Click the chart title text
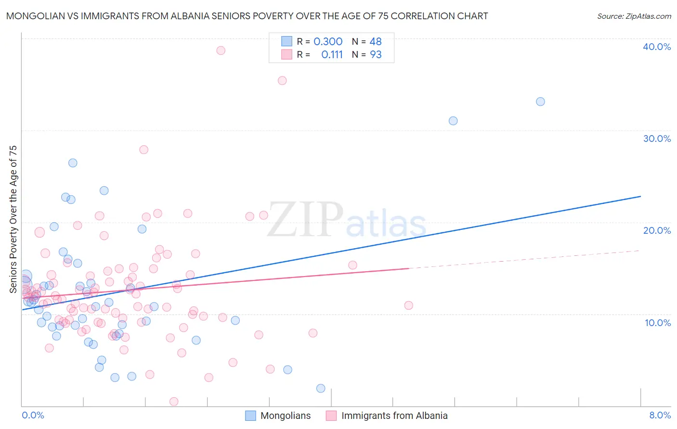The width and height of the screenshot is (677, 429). point(247,16)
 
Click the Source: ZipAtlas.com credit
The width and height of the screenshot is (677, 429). point(634,16)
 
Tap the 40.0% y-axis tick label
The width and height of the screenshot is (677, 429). point(656,47)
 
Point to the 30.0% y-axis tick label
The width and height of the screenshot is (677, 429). point(656,139)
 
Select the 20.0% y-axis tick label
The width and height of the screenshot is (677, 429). point(656,230)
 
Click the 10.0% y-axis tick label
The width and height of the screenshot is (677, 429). point(657,323)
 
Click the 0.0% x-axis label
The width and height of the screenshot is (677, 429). point(33,415)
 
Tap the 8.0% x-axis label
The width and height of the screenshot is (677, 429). point(660,415)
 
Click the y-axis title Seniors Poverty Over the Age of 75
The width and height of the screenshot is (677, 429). point(13,219)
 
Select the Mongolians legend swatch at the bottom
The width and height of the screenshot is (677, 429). point(250,416)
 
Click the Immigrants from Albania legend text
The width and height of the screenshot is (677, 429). point(394,416)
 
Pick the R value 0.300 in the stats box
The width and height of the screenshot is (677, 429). point(328,42)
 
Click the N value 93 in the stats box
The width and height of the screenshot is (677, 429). point(376,55)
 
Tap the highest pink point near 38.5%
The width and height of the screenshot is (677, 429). point(221,50)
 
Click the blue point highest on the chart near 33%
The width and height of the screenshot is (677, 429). point(540,101)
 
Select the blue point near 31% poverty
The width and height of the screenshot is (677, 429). point(453,121)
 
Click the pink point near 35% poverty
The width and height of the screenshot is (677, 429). point(282,81)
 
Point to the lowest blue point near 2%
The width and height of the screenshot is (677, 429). point(321,388)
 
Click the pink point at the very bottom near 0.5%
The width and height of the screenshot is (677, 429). point(174,402)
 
